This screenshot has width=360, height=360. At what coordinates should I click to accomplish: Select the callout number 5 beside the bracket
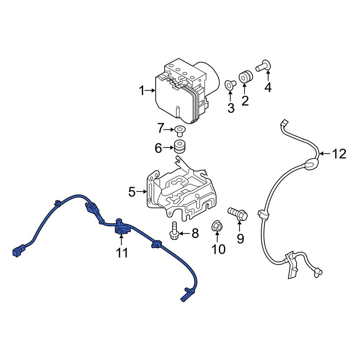[132, 192]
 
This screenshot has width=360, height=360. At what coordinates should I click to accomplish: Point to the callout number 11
[122, 253]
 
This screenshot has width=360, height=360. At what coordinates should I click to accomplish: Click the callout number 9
[240, 239]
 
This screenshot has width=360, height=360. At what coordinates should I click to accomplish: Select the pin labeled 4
[264, 66]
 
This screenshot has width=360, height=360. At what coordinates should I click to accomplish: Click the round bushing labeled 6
[180, 146]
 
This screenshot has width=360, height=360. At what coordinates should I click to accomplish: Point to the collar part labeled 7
[180, 130]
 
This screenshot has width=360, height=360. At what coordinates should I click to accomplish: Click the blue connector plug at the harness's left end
[19, 251]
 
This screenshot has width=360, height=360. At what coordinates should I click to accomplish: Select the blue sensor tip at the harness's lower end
[187, 295]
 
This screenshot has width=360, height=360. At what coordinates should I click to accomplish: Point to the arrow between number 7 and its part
[169, 130]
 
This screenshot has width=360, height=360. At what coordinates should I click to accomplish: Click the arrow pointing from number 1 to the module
[150, 90]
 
